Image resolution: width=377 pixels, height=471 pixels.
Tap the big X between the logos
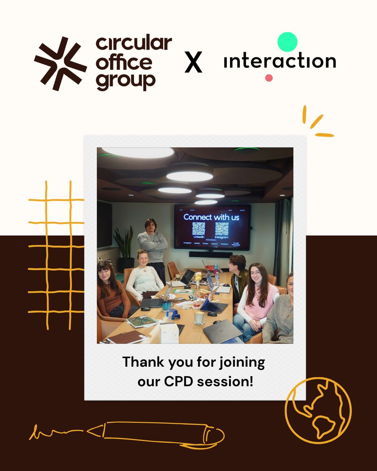pos(193,62)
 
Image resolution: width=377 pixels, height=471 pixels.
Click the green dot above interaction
pos(287,42)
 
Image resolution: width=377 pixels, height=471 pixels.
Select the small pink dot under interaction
pos(269,78)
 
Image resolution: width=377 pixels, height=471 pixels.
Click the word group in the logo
pos(126,82)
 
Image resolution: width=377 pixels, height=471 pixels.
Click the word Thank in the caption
pos(143,362)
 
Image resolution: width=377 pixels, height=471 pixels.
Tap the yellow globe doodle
pos(318,410)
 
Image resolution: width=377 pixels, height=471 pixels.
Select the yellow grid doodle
pos(58,255)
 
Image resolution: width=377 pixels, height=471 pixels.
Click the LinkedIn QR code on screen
pos(199,229)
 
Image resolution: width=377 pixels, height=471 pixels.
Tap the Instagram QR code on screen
pos(222,229)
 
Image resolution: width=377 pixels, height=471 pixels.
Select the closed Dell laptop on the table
pos(222,331)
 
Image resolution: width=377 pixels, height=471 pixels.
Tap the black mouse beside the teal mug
pos(145,308)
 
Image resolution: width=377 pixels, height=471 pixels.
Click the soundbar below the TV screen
pos(210,254)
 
